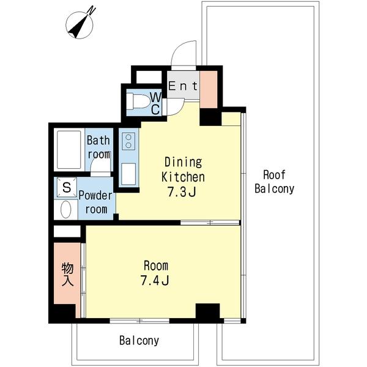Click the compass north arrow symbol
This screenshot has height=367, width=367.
[x=80, y=25]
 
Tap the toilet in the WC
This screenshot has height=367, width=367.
[x=138, y=101]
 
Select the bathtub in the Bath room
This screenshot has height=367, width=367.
[x=69, y=150]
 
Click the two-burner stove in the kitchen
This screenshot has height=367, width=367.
[x=128, y=141]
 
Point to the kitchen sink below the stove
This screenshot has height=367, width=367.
[x=128, y=174]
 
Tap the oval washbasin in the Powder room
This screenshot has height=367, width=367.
[x=66, y=209]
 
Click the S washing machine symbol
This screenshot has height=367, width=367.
[x=67, y=187]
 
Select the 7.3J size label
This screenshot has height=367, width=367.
[x=182, y=193]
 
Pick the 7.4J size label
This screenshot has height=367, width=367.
[x=155, y=280]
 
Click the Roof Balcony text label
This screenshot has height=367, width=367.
[x=274, y=182]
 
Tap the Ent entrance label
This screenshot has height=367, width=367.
[x=183, y=86]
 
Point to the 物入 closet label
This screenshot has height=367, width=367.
[x=67, y=274]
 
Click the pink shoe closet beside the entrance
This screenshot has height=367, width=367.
[x=209, y=89]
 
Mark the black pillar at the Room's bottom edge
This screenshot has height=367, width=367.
[x=207, y=311]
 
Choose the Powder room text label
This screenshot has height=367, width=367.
[x=95, y=202]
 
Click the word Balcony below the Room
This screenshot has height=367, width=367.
[x=139, y=341]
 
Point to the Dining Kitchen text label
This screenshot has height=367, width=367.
[x=183, y=169]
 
